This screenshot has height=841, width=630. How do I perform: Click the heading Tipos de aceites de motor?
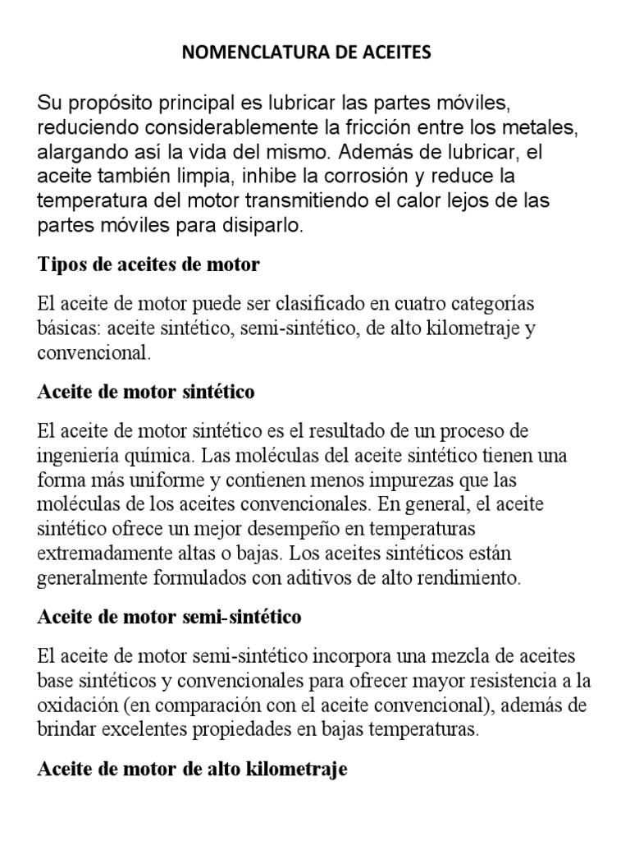(x=148, y=264)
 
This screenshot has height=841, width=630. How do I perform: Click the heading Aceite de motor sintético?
(x=146, y=392)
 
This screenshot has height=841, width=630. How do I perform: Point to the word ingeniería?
(x=77, y=455)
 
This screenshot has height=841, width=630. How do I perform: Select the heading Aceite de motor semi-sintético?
(x=169, y=617)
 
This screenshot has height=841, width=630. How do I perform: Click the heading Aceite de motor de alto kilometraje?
(x=192, y=770)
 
